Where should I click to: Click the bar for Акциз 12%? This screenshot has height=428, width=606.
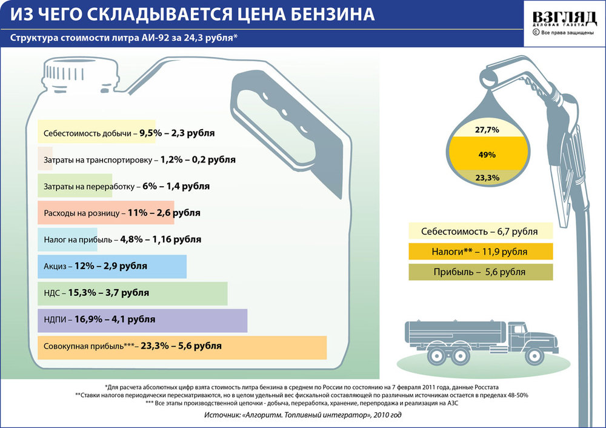[112, 266]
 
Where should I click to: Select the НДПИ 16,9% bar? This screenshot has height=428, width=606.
[142, 319]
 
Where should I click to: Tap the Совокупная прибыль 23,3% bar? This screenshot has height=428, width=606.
[182, 347]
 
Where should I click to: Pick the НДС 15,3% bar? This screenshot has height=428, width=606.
[132, 293]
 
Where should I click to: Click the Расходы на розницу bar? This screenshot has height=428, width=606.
[105, 213]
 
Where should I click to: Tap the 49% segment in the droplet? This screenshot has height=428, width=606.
[487, 155]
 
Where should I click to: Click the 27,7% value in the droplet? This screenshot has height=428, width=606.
[487, 130]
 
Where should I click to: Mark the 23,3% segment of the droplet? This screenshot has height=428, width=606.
[487, 178]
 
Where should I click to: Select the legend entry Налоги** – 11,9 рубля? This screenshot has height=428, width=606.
[481, 251]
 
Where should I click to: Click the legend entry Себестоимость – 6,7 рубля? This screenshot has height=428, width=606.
[481, 231]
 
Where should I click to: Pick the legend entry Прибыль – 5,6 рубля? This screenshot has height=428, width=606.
[481, 272]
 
